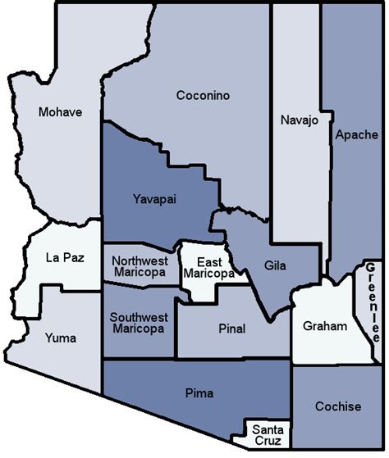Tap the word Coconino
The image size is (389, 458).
click(203, 96)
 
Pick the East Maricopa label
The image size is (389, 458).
click(208, 267)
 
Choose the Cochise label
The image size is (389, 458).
click(338, 406)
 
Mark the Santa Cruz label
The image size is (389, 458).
click(268, 434)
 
